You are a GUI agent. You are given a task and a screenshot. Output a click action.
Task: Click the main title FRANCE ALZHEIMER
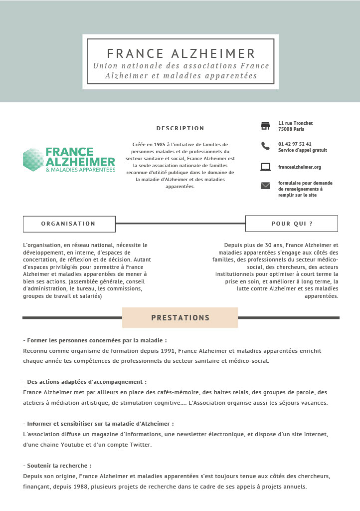(x=181, y=53)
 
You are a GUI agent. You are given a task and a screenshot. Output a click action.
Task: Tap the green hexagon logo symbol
(x=33, y=160)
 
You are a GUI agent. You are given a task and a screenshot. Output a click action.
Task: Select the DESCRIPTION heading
(x=180, y=128)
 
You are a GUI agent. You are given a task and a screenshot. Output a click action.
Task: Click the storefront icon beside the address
(x=265, y=125)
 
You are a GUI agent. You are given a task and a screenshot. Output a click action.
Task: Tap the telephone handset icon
(x=265, y=146)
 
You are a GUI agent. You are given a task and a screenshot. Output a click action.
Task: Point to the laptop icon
(x=265, y=167)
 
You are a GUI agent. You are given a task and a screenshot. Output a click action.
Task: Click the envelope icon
(x=265, y=186)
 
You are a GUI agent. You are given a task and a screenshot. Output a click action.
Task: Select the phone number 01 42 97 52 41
(x=295, y=144)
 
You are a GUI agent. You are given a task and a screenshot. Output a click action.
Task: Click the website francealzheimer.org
(x=299, y=167)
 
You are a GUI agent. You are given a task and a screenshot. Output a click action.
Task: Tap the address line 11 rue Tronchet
(x=295, y=123)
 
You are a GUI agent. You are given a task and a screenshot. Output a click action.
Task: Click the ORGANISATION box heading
(x=69, y=224)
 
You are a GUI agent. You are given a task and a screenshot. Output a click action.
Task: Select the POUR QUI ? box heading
(x=292, y=224)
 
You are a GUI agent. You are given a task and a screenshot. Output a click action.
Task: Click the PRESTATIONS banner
(x=180, y=318)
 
